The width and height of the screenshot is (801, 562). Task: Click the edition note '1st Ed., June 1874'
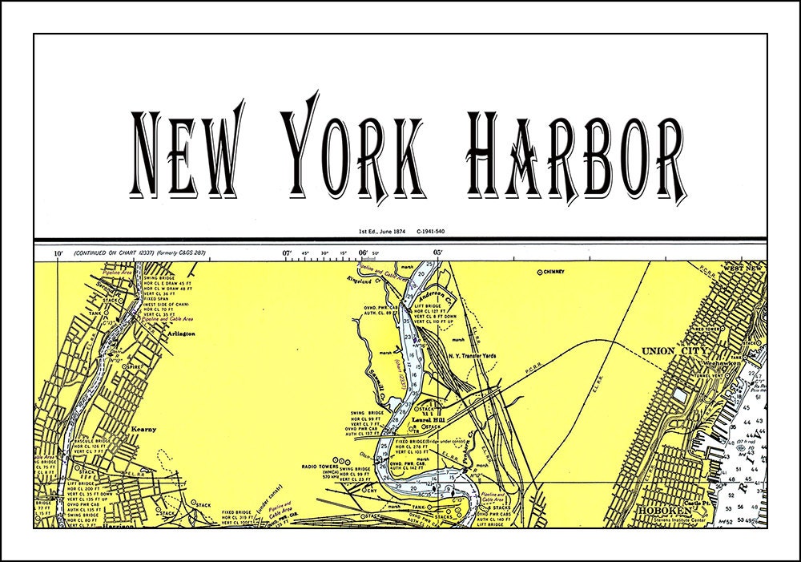384,232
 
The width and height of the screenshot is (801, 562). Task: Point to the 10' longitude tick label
58,253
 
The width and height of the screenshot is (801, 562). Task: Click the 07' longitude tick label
286,253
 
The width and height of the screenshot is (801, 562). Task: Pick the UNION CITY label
672,351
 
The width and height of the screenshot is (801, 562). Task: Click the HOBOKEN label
658,510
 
